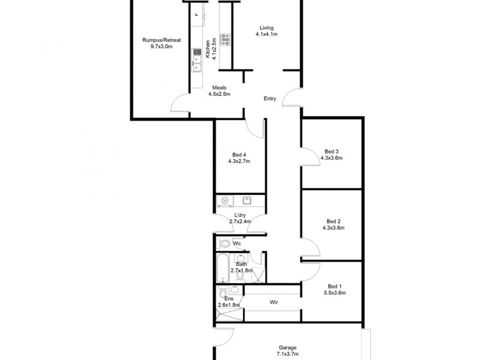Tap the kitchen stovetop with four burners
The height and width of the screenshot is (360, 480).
(226, 40)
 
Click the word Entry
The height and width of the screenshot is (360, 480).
(269, 98)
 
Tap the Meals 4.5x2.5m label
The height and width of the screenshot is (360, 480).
(219, 91)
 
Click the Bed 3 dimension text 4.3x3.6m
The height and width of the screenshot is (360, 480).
(332, 158)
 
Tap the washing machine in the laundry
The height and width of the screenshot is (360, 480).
(224, 200)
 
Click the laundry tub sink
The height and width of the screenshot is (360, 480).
(247, 200)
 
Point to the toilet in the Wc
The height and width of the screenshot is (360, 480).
(224, 244)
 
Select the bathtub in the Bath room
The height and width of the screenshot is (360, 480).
(223, 269)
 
